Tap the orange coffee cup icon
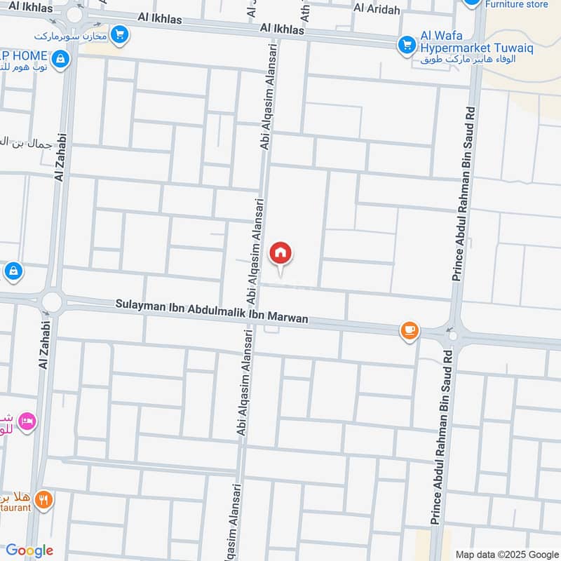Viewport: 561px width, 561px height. tap(410, 330)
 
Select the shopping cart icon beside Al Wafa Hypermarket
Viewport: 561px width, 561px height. tap(406, 46)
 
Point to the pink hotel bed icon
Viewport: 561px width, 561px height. tap(28, 422)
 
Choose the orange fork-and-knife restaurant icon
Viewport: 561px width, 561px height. tap(45, 500)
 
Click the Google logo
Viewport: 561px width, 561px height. tap(29, 550)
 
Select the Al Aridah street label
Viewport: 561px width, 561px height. tap(377, 8)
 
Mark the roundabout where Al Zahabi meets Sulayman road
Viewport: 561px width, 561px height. tap(51, 302)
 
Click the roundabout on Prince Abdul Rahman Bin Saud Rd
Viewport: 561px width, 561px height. tap(453, 336)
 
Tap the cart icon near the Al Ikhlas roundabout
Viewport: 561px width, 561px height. tap(120, 34)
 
